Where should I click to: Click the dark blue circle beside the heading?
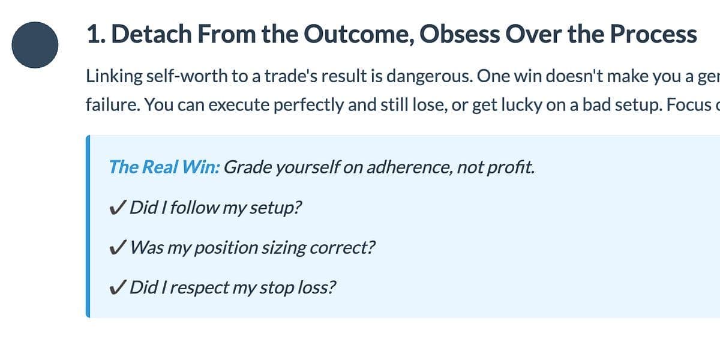click(x=35, y=45)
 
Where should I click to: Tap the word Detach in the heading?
click(x=151, y=34)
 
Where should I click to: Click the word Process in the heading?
click(x=653, y=34)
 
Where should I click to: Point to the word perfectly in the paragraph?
click(x=308, y=105)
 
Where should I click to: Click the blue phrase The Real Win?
click(x=164, y=167)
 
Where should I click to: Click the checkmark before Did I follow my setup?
click(x=117, y=208)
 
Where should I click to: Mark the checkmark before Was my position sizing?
click(x=117, y=247)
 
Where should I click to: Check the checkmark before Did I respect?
click(x=117, y=287)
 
